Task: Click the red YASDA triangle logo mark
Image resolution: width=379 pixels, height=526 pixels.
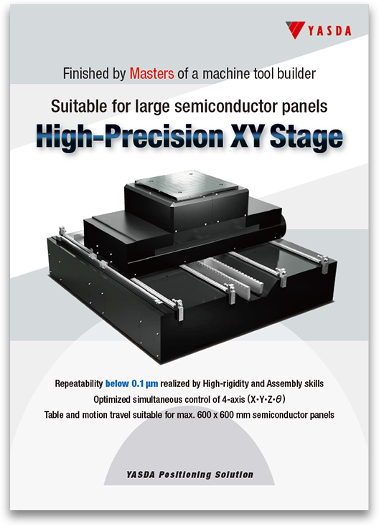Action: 295,29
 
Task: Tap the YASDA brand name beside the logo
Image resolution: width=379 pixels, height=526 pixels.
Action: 329,31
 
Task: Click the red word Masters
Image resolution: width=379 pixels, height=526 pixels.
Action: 152,74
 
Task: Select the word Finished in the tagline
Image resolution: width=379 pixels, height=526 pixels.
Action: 86,74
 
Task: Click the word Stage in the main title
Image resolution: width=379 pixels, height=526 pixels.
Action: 306,137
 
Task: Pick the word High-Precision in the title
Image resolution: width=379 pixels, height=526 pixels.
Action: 130,137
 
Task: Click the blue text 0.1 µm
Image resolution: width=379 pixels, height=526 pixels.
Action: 144,383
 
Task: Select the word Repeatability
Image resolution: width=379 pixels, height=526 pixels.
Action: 79,383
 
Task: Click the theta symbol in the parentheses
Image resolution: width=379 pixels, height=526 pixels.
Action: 279,399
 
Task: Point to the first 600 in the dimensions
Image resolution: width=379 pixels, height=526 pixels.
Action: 204,415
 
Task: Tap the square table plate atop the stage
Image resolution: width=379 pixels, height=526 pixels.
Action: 187,184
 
